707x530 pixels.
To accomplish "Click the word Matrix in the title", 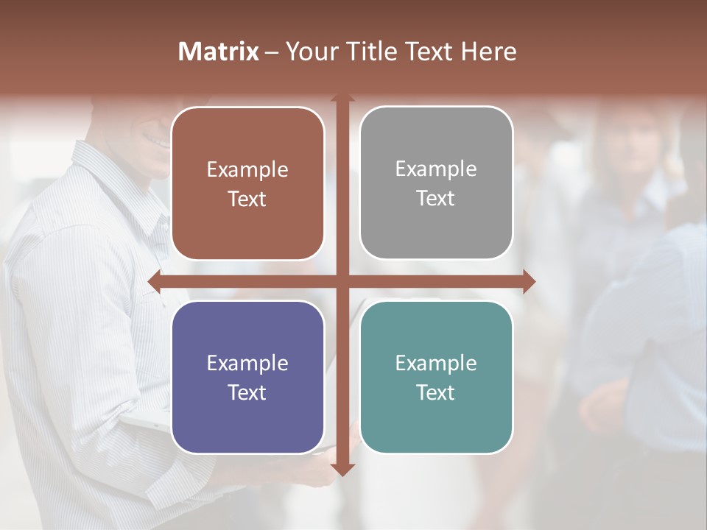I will (x=219, y=52).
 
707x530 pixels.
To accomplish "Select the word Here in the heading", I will (x=488, y=52).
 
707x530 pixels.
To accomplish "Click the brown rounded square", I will (x=247, y=184).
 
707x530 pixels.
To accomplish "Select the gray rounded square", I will (x=436, y=183).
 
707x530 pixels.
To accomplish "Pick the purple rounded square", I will (x=247, y=377).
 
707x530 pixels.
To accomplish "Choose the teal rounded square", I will (x=436, y=377).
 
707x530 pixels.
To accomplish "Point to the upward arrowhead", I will (x=342, y=98).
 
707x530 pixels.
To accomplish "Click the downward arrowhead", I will (x=342, y=469).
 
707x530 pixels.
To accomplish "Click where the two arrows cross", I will (x=342, y=281).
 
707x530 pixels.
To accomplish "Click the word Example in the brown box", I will (x=247, y=170).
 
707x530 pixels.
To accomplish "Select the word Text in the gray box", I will (x=436, y=199).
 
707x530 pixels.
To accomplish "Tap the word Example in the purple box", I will (x=247, y=363).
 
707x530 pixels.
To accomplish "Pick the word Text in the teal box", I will (x=436, y=392).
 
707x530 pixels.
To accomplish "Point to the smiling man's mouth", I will (x=157, y=140).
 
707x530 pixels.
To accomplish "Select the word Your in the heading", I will (x=308, y=52).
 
